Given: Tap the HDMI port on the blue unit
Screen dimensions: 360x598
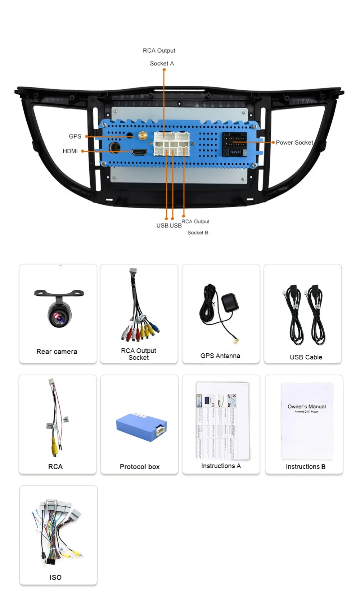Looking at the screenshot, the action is tap(139, 152).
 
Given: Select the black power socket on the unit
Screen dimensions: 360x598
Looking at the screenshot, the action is tap(234, 144).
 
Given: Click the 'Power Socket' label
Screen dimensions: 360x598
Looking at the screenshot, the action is tap(294, 142).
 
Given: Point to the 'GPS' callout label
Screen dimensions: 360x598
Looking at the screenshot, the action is tap(75, 136).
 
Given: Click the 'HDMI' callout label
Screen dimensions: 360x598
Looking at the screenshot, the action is tap(70, 151).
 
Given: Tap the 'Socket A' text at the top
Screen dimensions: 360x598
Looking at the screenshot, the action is tap(162, 63).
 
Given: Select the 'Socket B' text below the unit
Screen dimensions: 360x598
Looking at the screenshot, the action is tap(198, 232).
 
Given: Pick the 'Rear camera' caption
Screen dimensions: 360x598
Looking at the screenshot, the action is tap(57, 352).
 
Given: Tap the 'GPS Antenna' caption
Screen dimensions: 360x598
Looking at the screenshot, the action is tap(220, 355).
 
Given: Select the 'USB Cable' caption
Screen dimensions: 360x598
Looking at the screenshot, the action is tap(306, 357).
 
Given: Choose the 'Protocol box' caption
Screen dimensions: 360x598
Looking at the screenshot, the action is tap(140, 467).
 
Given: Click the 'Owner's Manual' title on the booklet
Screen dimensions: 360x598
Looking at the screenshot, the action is tap(307, 407).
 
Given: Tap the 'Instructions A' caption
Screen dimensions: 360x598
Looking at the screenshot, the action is tap(221, 466).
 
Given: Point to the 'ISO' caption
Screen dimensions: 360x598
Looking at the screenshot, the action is tap(55, 577).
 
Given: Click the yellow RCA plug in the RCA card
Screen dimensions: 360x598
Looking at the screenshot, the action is tap(54, 448).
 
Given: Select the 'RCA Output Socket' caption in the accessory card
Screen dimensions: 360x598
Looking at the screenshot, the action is tap(139, 354).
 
